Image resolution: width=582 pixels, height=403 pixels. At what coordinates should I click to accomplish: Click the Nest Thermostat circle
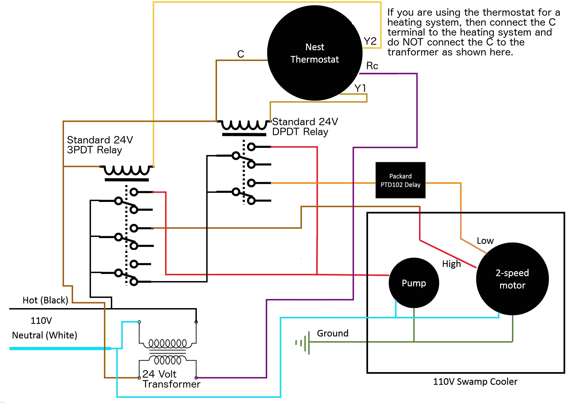(x=315, y=53)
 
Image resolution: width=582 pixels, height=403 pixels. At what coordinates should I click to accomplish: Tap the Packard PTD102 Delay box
(x=400, y=180)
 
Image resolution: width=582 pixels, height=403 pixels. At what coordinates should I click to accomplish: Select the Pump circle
(x=414, y=283)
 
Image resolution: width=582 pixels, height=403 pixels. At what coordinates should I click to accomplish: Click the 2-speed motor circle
(x=512, y=279)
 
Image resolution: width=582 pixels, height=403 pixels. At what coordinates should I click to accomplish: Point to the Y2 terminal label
(x=370, y=41)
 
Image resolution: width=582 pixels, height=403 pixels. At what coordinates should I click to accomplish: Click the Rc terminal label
(x=372, y=66)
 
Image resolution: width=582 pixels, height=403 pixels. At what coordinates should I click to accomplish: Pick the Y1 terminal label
(x=360, y=88)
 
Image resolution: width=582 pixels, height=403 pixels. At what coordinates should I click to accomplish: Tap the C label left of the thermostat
(x=240, y=54)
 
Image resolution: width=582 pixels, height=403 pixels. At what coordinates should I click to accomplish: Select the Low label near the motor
(x=485, y=241)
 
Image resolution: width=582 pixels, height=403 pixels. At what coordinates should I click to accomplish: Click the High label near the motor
(x=451, y=264)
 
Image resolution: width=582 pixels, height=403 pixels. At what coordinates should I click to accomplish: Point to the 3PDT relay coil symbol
(x=127, y=171)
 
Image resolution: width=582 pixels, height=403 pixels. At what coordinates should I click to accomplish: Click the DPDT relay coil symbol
(x=244, y=126)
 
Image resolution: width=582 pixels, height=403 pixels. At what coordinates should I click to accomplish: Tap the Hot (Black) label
(x=45, y=300)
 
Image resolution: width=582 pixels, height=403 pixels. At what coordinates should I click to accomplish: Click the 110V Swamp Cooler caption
(x=475, y=381)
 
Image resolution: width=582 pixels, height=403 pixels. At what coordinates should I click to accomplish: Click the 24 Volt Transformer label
(x=171, y=379)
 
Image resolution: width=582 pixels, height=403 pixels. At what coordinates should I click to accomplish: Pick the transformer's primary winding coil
(x=168, y=343)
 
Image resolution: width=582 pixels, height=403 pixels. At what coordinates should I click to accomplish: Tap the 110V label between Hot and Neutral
(x=41, y=320)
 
